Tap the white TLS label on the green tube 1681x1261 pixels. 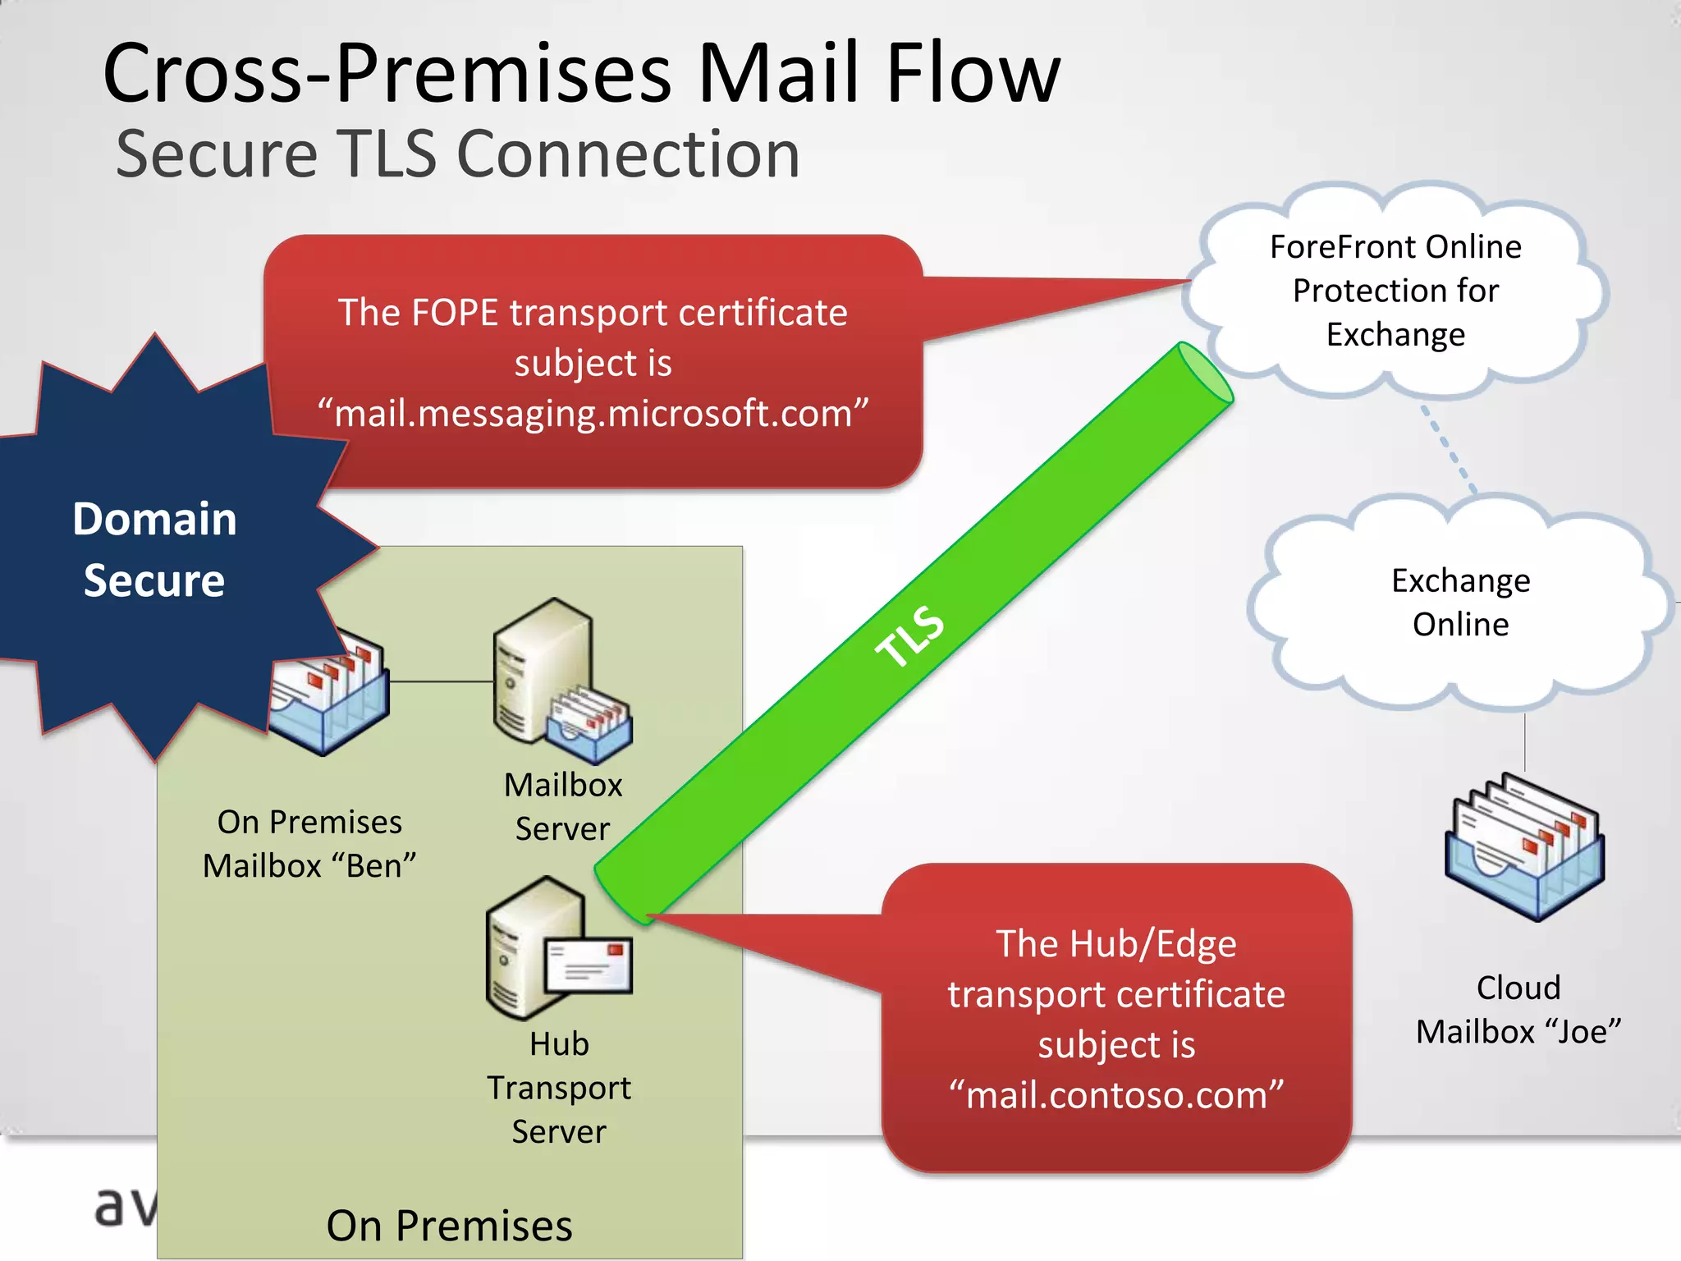(909, 636)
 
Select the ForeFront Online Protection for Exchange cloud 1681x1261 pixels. (1395, 291)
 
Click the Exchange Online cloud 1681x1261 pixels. (1460, 603)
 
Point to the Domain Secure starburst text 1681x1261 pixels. (154, 549)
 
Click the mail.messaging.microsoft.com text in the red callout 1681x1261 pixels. (593, 413)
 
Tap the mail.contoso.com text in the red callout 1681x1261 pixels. (1116, 1095)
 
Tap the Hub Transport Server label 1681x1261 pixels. (559, 1088)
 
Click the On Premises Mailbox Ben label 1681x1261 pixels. (309, 844)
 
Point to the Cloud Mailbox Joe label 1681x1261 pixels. (1518, 1010)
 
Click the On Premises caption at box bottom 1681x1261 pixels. (449, 1226)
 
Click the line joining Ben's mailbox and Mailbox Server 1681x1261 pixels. (442, 681)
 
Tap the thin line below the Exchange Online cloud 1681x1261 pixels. (1525, 743)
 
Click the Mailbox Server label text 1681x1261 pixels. (563, 806)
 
